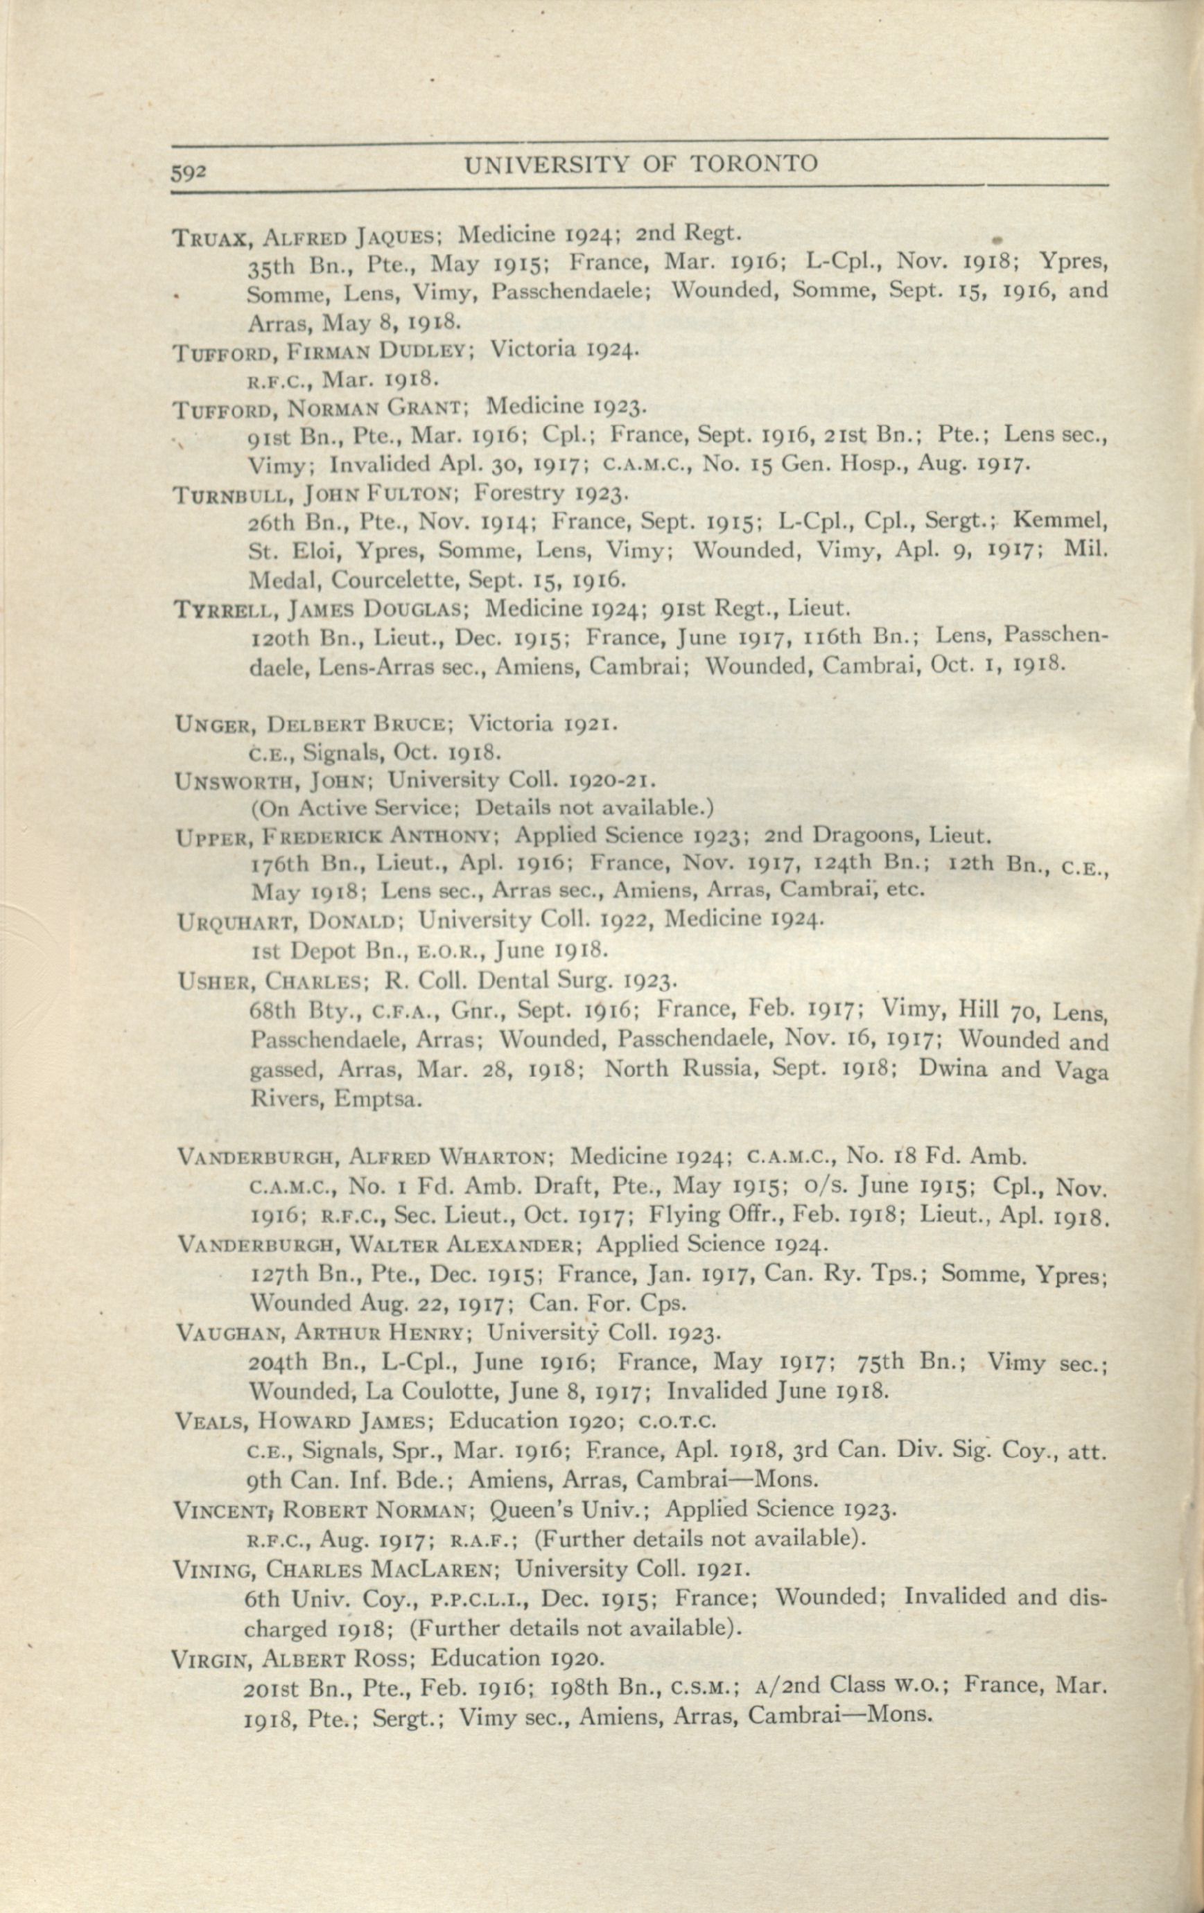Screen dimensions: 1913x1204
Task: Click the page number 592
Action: pos(189,173)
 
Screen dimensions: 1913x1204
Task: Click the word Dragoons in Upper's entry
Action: pos(855,835)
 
